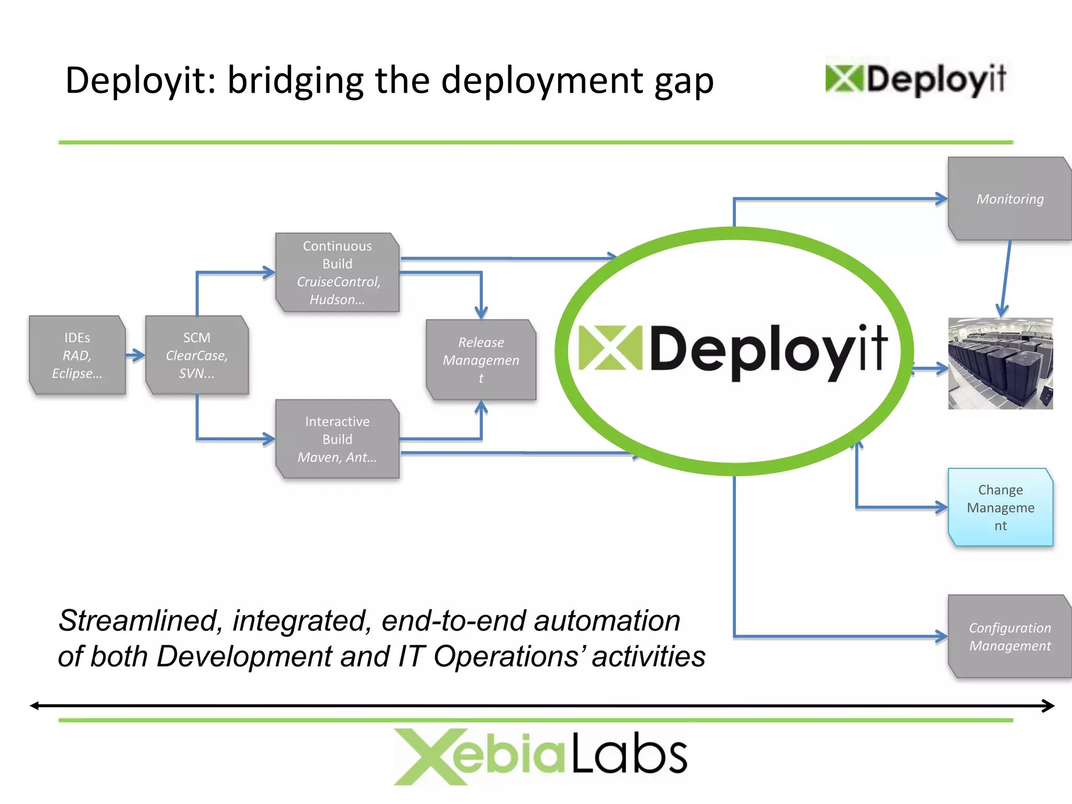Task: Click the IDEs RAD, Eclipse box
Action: point(77,355)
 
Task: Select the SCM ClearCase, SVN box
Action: point(197,355)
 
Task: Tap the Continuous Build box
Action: point(338,273)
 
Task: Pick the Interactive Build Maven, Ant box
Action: point(338,439)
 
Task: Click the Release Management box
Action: point(481,360)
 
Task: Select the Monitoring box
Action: point(1010,199)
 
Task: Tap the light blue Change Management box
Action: point(1000,507)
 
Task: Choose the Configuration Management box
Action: point(1010,636)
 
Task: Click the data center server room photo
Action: point(1000,363)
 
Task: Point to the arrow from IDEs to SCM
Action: point(136,355)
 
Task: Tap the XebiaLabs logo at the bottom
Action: point(540,756)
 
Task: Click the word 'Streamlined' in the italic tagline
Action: point(137,621)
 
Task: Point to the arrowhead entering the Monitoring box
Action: point(941,199)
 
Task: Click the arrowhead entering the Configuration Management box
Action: point(941,636)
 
